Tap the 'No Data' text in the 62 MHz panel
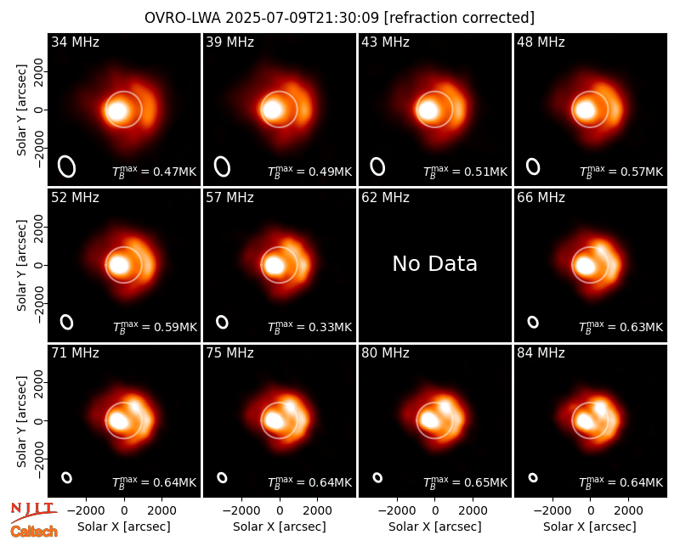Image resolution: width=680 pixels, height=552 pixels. (x=435, y=264)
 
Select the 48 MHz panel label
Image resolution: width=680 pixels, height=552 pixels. (x=541, y=42)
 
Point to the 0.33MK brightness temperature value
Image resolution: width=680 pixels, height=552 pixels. (x=330, y=327)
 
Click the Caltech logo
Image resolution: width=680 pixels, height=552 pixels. (x=34, y=532)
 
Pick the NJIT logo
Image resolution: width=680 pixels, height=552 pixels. (x=33, y=511)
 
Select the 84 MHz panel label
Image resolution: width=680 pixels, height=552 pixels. (x=541, y=353)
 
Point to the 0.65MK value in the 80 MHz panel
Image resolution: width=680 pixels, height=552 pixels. (x=485, y=482)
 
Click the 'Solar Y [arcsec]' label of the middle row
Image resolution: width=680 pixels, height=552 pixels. (x=21, y=266)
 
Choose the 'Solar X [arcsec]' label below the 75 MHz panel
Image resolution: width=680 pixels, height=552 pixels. (x=280, y=527)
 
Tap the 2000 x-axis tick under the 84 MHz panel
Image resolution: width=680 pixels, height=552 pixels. (x=628, y=511)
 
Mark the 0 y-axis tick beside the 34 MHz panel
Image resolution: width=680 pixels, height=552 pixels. (x=39, y=110)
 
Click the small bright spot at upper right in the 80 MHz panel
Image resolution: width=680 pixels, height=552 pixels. (x=445, y=407)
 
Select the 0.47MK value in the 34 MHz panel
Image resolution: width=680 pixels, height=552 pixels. (x=175, y=172)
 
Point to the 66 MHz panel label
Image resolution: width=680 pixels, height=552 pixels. (x=541, y=198)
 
